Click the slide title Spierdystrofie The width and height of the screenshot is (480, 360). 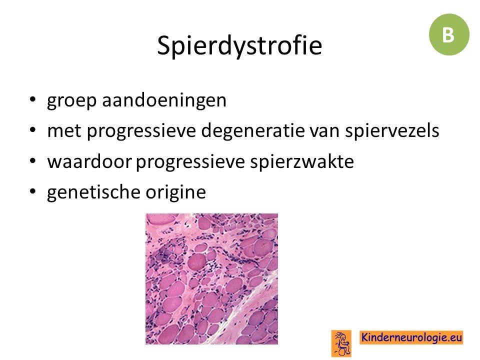[x=239, y=45]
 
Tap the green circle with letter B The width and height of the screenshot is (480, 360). [x=449, y=34]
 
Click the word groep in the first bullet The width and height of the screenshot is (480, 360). [x=71, y=100]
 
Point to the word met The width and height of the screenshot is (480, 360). [x=64, y=130]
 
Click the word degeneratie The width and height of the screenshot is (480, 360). [x=253, y=130]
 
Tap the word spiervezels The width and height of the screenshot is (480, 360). [x=392, y=130]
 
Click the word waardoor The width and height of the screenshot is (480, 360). [x=89, y=161]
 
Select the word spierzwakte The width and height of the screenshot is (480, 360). [x=302, y=161]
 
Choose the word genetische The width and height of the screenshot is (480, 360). [x=93, y=192]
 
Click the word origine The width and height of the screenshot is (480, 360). [x=175, y=192]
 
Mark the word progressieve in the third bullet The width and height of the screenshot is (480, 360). [x=190, y=162]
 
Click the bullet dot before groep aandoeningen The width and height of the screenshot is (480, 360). [x=32, y=99]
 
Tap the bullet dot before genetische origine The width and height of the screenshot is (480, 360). [x=32, y=191]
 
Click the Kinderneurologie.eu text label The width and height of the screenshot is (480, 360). [x=411, y=337]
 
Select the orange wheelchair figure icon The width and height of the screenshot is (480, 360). [x=341, y=343]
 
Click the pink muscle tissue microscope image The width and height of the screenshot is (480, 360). [x=211, y=279]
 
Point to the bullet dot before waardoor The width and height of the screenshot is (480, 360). [x=32, y=161]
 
